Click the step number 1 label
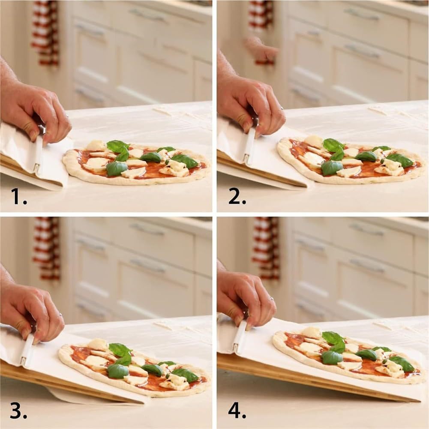click(x=18, y=196)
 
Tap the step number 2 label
click(x=237, y=196)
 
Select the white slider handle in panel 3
click(x=27, y=349)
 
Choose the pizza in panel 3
click(x=133, y=366)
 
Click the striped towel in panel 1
click(x=45, y=32)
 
